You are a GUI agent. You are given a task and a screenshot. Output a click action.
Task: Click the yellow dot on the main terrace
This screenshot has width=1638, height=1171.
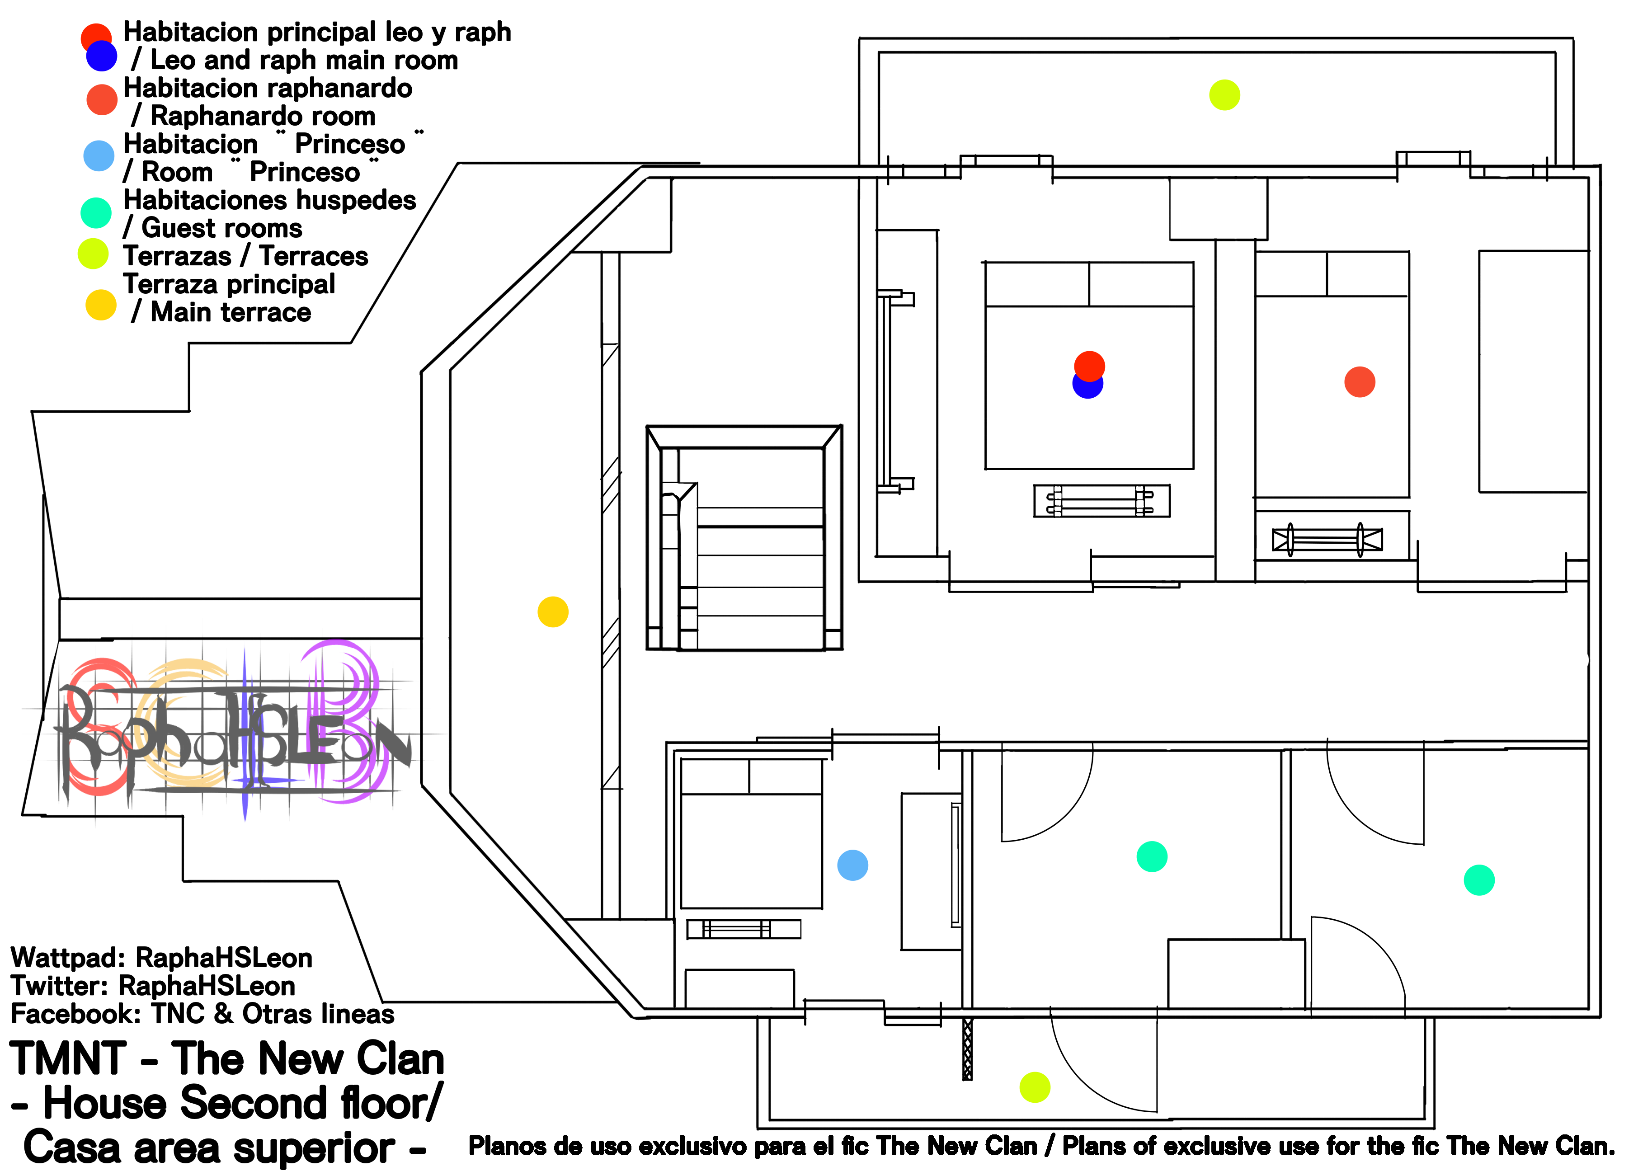[553, 612]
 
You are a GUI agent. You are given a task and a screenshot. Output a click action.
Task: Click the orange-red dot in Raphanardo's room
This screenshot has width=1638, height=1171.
[1360, 382]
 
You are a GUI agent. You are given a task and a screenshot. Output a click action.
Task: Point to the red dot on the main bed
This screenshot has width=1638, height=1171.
[1089, 366]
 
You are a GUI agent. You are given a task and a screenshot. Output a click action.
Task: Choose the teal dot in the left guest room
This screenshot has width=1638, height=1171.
[1152, 856]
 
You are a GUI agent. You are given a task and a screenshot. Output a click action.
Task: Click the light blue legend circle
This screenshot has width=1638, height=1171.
[99, 156]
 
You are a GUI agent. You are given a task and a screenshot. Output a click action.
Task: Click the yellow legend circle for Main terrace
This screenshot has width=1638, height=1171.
[101, 305]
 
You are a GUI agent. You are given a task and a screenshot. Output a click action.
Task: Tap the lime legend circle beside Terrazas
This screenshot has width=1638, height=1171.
[93, 254]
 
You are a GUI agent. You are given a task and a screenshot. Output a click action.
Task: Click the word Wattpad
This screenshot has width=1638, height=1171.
[68, 958]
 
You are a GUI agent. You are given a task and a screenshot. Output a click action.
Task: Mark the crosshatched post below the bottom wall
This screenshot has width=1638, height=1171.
[968, 1049]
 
